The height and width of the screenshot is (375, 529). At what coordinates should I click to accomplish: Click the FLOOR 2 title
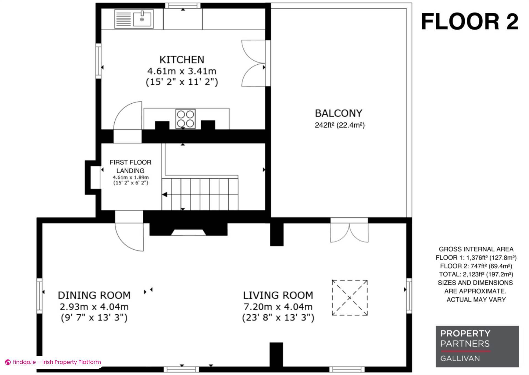coord(470,22)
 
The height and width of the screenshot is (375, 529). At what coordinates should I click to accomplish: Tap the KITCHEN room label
coord(182,59)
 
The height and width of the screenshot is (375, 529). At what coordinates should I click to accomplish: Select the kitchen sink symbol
coord(134,19)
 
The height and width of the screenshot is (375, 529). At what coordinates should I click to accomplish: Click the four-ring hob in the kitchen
coord(185,119)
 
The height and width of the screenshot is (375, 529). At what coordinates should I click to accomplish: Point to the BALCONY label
coord(338,113)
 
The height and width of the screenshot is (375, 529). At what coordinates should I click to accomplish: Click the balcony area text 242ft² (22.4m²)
coord(340,125)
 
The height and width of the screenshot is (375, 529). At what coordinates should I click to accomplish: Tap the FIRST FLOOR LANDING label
coord(130,166)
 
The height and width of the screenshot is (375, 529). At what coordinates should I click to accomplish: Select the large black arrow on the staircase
coord(164,195)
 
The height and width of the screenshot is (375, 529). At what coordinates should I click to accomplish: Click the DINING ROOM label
coord(94,295)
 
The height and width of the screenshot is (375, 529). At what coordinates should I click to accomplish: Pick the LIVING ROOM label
coord(278,295)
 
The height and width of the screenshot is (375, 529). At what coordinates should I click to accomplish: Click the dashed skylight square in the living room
coord(350,298)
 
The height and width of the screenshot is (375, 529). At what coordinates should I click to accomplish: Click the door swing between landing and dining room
coord(129,237)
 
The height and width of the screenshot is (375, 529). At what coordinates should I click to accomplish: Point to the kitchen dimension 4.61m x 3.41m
coord(182,71)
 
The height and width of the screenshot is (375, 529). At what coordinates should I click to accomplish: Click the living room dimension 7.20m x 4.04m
coord(278,306)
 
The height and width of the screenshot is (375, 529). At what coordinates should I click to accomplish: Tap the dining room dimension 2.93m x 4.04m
coord(94,306)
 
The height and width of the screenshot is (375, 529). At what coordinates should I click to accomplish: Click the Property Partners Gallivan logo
coord(477,346)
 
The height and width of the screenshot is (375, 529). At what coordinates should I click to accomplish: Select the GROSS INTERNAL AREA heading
coord(476,249)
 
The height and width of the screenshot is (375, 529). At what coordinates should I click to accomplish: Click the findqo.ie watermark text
coord(53,362)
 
